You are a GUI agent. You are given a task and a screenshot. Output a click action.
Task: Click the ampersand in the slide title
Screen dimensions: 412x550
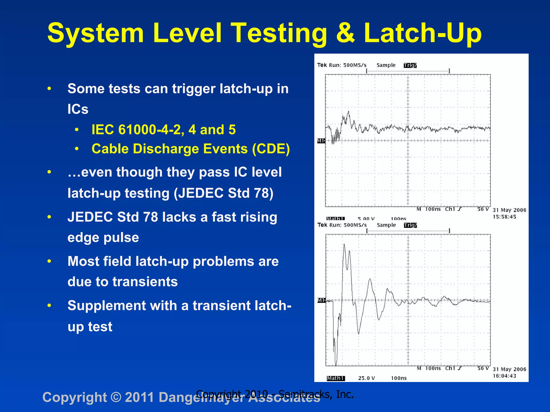345,33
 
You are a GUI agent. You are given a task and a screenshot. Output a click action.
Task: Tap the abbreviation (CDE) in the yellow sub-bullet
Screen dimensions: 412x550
271,149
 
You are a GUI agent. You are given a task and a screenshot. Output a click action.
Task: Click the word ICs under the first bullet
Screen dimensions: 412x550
78,109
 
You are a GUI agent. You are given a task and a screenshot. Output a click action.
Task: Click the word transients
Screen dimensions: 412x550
145,282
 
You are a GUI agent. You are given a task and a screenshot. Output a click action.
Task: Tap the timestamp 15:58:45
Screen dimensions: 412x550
504,217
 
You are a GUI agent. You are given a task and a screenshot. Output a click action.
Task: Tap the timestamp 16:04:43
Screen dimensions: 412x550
504,376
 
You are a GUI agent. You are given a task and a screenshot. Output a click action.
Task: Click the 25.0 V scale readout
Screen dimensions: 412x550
366,378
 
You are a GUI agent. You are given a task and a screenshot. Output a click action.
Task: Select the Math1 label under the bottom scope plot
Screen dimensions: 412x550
335,378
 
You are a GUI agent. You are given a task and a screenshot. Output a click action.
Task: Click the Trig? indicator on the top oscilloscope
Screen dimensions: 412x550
410,65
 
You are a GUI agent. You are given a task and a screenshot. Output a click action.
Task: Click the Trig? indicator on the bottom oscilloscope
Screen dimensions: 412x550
410,225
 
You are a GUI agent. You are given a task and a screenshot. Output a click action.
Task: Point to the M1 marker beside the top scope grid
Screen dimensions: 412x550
321,141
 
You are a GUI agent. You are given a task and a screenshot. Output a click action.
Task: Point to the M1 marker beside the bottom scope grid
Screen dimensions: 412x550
321,300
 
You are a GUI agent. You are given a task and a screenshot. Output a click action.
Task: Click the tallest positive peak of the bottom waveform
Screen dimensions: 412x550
344,244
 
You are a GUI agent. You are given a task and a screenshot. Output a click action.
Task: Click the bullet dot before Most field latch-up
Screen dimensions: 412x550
49,261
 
